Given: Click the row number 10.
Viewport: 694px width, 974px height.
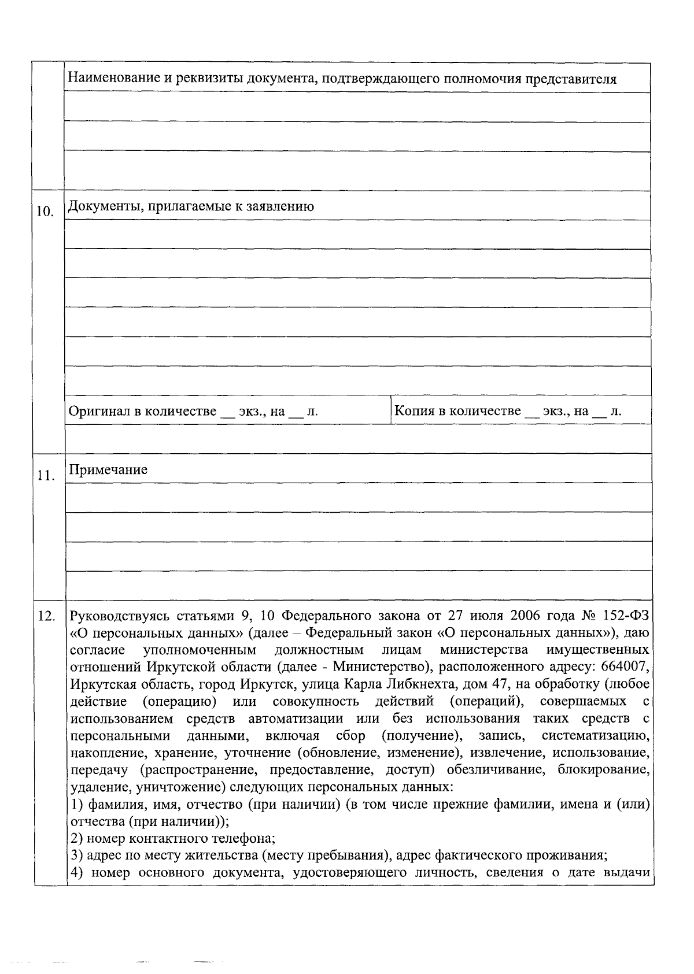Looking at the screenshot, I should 45,212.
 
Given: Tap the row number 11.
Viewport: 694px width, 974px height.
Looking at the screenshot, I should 45,476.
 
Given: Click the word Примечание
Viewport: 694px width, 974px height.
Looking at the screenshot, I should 108,469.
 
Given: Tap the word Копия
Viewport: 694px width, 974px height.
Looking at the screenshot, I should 415,411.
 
